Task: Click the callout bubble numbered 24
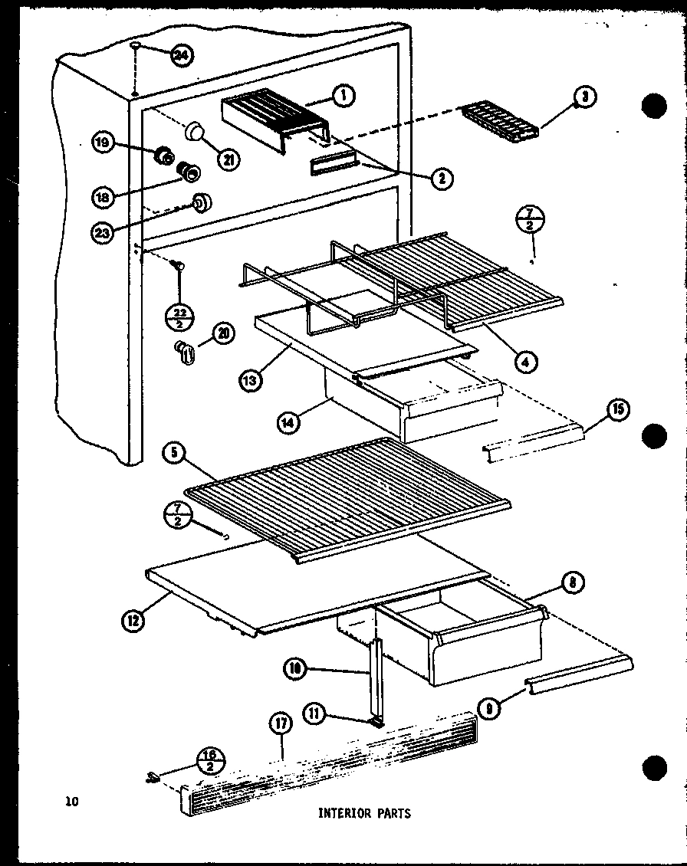click(x=182, y=55)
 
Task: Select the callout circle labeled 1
click(x=343, y=96)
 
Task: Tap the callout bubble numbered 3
click(x=584, y=97)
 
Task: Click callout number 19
click(x=102, y=143)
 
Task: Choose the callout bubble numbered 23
click(x=102, y=233)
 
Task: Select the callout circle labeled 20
click(x=223, y=334)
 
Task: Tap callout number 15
click(x=618, y=410)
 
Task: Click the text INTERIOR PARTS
click(x=364, y=813)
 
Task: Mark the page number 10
click(x=71, y=802)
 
